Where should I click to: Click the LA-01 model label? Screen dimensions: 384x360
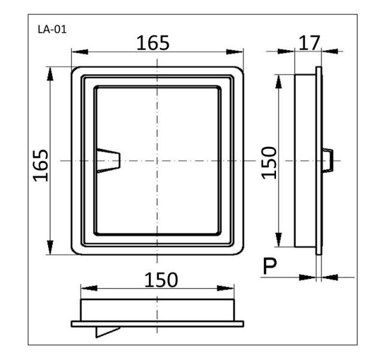coord(52,29)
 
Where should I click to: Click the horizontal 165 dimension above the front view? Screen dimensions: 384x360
coord(153,43)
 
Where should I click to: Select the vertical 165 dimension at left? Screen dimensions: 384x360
coord(41,166)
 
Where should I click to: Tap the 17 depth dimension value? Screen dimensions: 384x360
coord(310,43)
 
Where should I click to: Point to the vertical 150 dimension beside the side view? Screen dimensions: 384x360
coord(269,163)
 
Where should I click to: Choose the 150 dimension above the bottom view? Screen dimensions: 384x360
coord(161,280)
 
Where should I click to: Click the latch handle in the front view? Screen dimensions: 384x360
coord(109,160)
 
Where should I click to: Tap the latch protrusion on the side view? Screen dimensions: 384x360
coord(327,160)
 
